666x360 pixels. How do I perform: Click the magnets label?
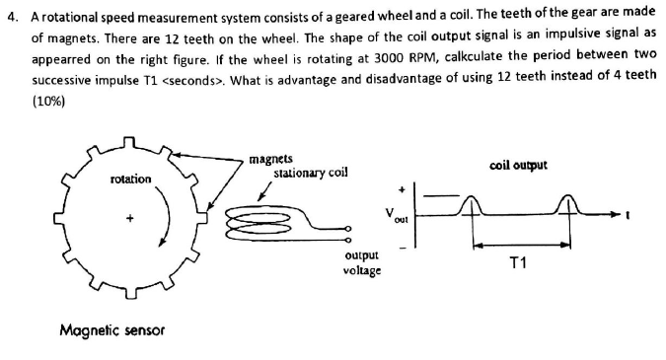coord(269,157)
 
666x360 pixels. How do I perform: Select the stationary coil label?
coord(310,172)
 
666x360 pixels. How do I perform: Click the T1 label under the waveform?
coord(518,261)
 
